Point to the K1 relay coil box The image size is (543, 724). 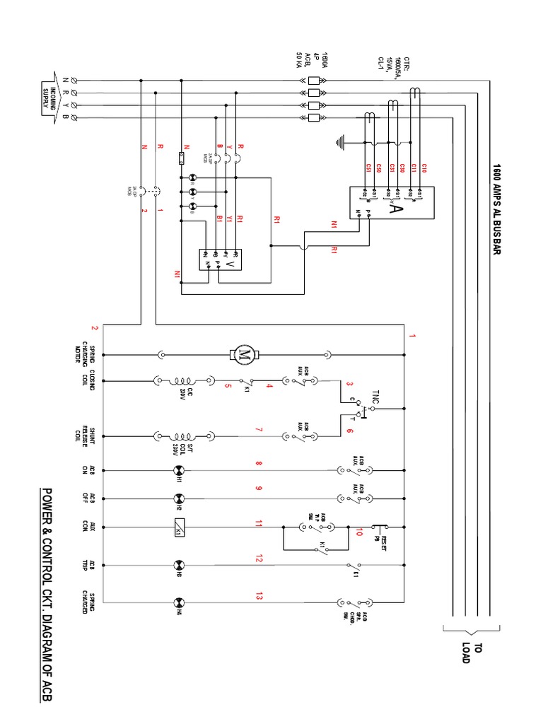(x=178, y=526)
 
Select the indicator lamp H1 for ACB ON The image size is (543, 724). (x=178, y=471)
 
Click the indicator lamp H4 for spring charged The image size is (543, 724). (x=178, y=602)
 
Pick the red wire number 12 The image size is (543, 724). (x=259, y=559)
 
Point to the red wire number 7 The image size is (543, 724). (x=259, y=430)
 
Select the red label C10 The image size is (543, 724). (x=424, y=168)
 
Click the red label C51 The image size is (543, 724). (x=368, y=168)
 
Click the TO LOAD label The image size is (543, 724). (x=471, y=653)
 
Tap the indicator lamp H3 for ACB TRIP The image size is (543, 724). (x=178, y=565)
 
